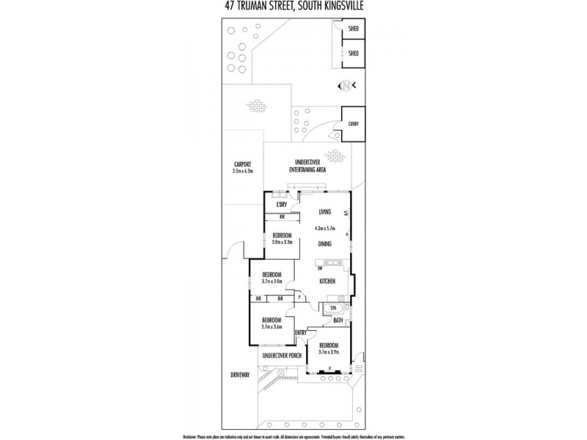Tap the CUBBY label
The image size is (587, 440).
(353, 125)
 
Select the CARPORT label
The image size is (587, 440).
(243, 164)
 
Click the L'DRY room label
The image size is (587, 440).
(281, 205)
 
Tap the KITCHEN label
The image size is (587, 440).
(327, 281)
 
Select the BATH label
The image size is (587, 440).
(338, 320)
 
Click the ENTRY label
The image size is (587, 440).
(300, 333)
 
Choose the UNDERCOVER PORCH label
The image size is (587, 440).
(282, 356)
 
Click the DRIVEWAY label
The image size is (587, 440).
(240, 375)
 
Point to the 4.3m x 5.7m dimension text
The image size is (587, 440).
(325, 227)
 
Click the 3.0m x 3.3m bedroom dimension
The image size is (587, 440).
(282, 241)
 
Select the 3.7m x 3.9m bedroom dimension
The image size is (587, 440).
(328, 352)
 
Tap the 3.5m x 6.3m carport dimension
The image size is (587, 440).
(243, 171)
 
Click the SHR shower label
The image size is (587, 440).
(333, 307)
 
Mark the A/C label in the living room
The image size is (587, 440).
(346, 213)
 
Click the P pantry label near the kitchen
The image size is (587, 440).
(300, 298)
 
